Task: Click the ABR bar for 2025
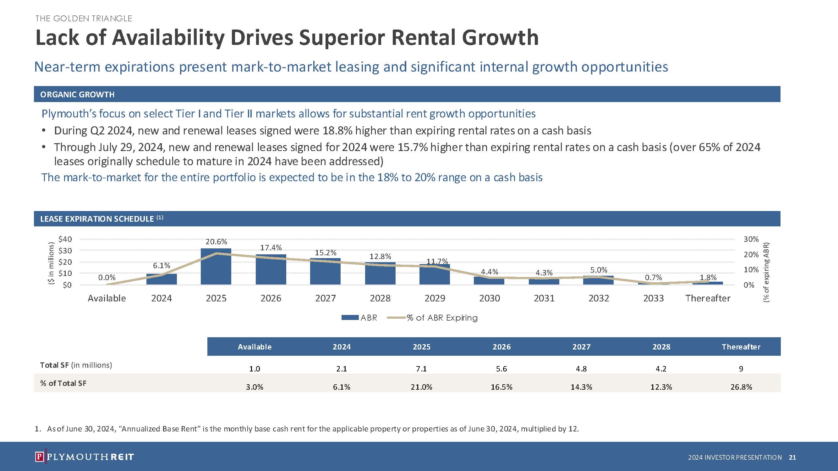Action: click(x=216, y=267)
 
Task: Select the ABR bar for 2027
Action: click(x=325, y=271)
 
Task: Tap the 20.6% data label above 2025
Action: click(x=216, y=241)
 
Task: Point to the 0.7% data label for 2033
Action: click(x=653, y=277)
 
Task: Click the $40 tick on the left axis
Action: click(x=65, y=239)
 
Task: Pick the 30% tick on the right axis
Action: click(x=751, y=239)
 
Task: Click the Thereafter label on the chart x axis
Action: click(x=708, y=298)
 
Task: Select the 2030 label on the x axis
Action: click(x=489, y=298)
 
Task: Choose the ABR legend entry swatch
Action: click(x=350, y=317)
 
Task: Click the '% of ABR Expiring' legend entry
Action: click(x=442, y=317)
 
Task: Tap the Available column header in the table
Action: click(x=255, y=347)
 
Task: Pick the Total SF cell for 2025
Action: click(x=421, y=369)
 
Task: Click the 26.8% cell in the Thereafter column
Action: click(x=741, y=387)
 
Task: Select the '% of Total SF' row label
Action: click(x=63, y=383)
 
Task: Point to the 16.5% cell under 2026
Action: click(x=501, y=387)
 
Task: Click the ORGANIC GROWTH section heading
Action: click(x=77, y=94)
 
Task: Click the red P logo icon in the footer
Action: click(x=39, y=457)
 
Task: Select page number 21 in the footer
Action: click(x=792, y=457)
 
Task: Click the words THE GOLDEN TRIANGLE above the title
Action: click(x=84, y=19)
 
